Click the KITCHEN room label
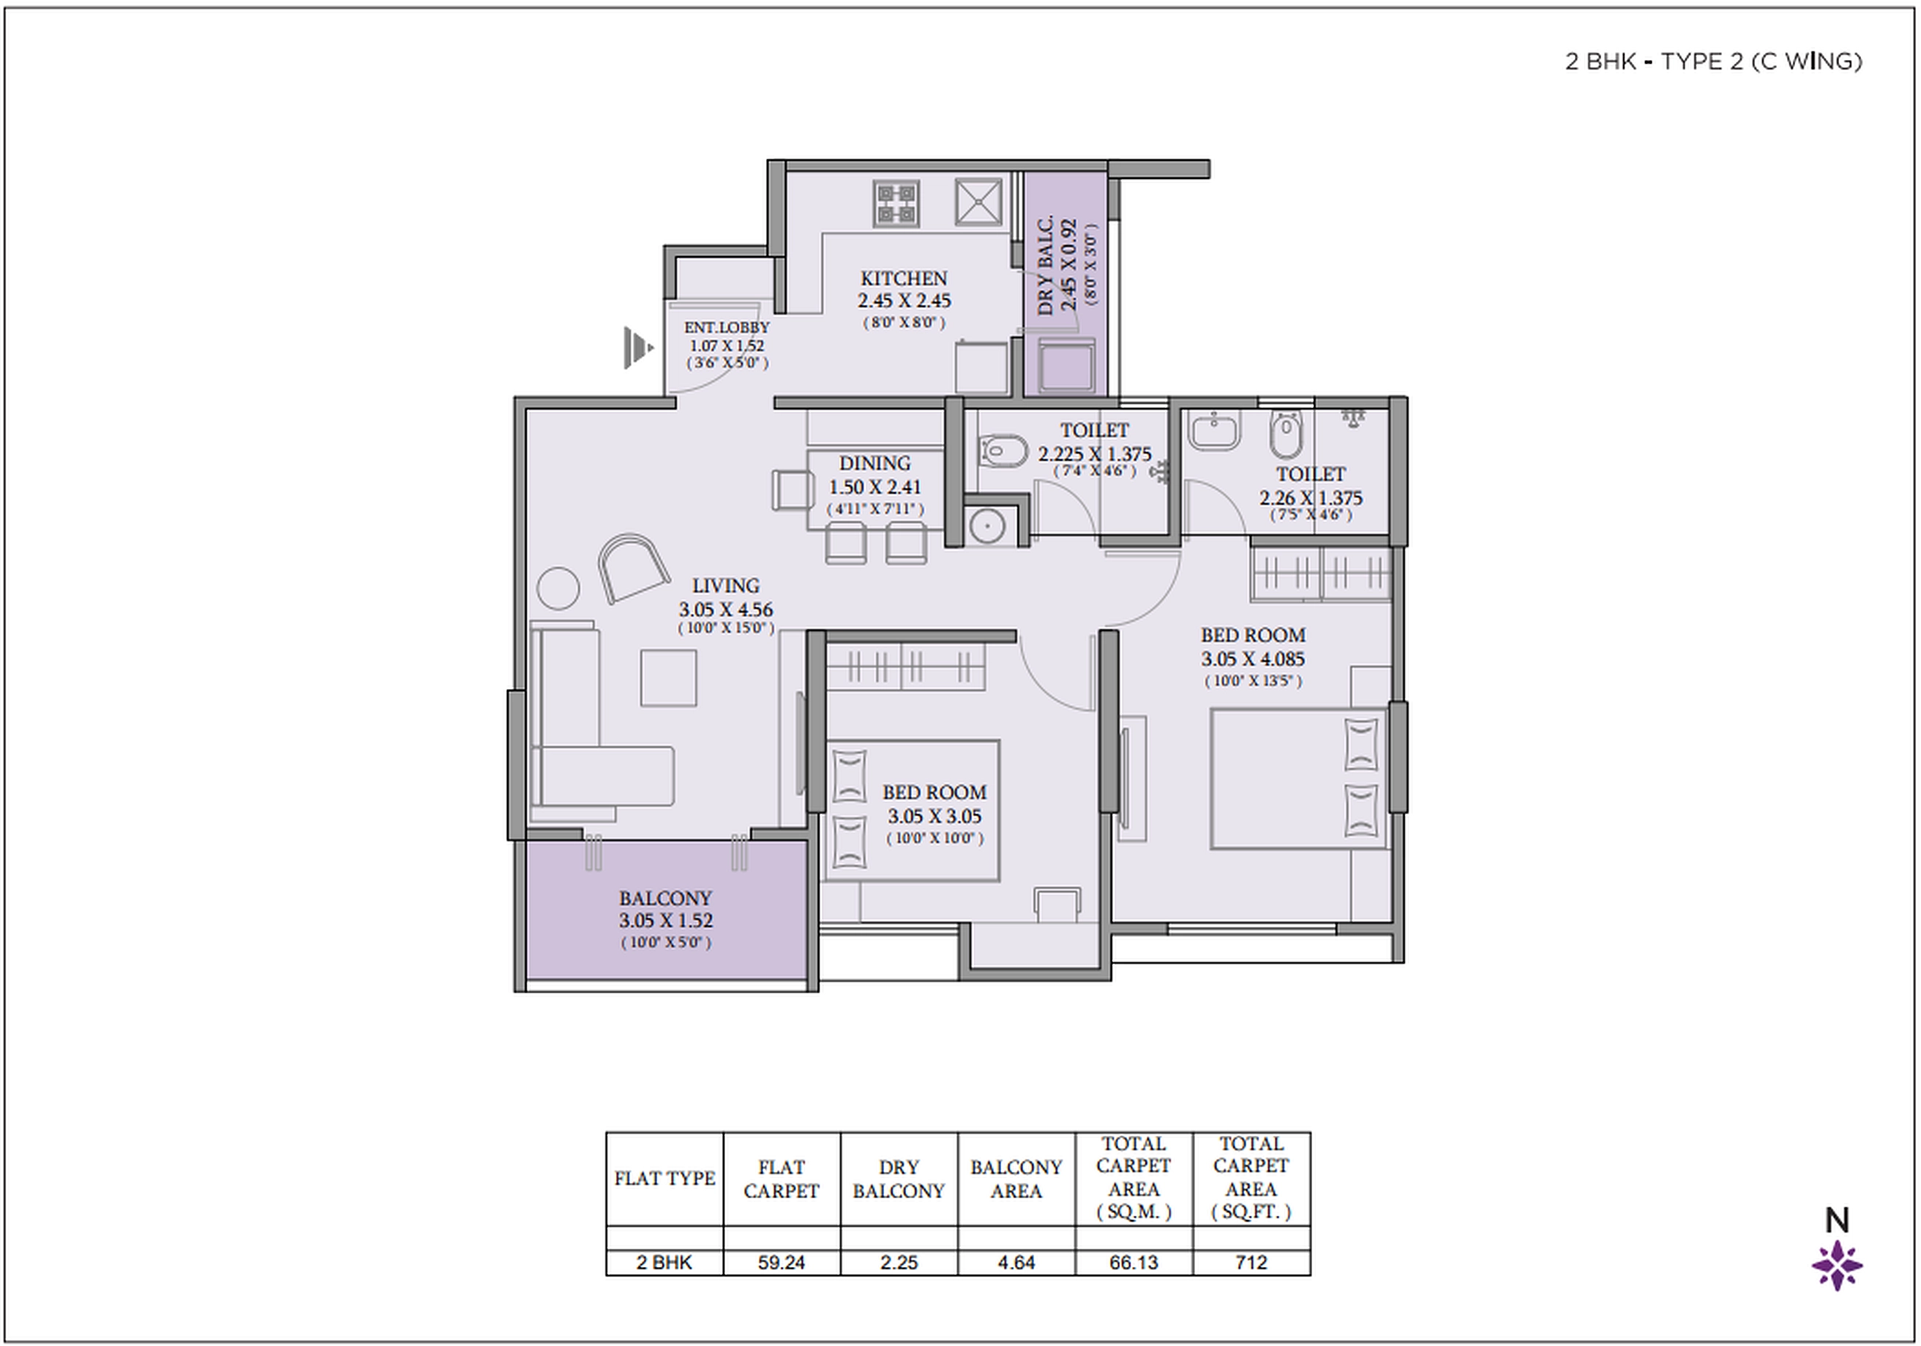pos(903,279)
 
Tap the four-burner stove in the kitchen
pos(896,203)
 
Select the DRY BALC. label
pos(1046,266)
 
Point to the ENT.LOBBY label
pos(726,328)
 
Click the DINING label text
pos(875,464)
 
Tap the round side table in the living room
pos(557,588)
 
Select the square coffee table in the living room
pos(668,677)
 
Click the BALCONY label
pos(665,898)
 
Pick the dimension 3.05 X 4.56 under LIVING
pos(725,610)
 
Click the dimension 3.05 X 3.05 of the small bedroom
pos(935,816)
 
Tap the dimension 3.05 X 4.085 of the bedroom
pos(1253,659)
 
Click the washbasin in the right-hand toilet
pos(1215,431)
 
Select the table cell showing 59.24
pos(782,1263)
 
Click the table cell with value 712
pos(1251,1263)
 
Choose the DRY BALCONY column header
pos(899,1178)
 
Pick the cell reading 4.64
pos(1016,1263)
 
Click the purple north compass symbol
pos(1837,1266)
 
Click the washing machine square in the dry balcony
pos(1066,366)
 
